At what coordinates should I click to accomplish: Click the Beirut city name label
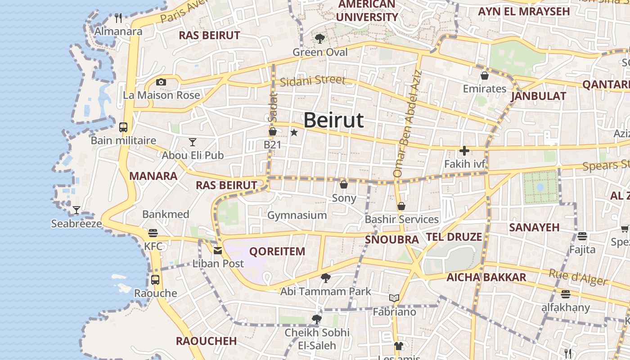tap(333, 120)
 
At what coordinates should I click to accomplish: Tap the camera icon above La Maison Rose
tap(161, 82)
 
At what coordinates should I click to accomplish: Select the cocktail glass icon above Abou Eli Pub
tap(193, 142)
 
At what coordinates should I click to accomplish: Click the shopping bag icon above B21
tap(272, 131)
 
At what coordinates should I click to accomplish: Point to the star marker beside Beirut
tap(294, 132)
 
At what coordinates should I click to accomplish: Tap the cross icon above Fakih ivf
tap(464, 151)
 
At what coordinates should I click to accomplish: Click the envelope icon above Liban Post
tap(218, 251)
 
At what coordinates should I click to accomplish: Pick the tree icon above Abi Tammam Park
tap(326, 278)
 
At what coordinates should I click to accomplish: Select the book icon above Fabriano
tap(394, 298)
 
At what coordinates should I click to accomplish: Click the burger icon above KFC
tap(153, 233)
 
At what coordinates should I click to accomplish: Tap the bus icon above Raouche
tap(155, 279)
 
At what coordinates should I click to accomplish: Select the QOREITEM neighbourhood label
tap(277, 252)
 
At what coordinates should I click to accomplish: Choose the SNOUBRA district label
tap(392, 239)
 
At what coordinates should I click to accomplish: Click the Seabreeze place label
tap(76, 224)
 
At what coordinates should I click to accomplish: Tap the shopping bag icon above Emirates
tap(485, 76)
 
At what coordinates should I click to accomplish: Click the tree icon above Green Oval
tap(320, 39)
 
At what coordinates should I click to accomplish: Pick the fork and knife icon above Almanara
tap(118, 18)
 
